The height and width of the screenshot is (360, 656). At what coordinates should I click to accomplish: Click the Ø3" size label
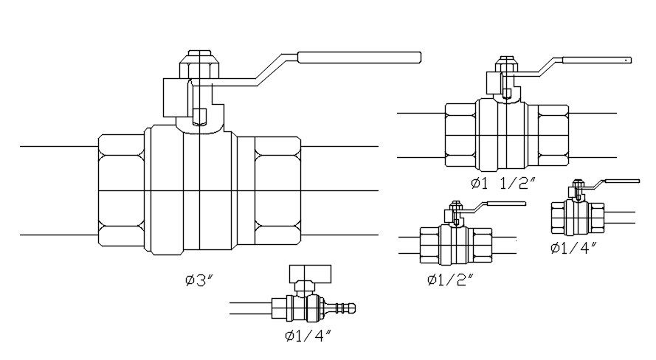pyautogui.click(x=199, y=280)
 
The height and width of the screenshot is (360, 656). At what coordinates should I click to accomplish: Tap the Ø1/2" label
pyautogui.click(x=449, y=280)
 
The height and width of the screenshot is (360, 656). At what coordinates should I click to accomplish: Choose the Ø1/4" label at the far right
pyautogui.click(x=573, y=247)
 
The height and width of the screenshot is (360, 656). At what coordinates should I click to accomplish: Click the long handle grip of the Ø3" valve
pyautogui.click(x=359, y=58)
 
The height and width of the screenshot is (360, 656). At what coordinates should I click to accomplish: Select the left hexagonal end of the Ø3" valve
pyautogui.click(x=120, y=191)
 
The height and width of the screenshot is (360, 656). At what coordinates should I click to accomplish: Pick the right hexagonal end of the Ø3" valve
pyautogui.click(x=277, y=191)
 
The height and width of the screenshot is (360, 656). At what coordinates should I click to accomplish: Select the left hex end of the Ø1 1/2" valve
pyautogui.click(x=461, y=135)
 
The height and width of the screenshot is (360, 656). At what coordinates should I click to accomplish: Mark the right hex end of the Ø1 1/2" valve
pyautogui.click(x=552, y=135)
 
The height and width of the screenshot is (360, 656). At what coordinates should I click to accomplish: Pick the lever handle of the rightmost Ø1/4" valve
pyautogui.click(x=620, y=182)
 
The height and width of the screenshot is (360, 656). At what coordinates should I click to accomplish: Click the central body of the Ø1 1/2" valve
pyautogui.click(x=505, y=135)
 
